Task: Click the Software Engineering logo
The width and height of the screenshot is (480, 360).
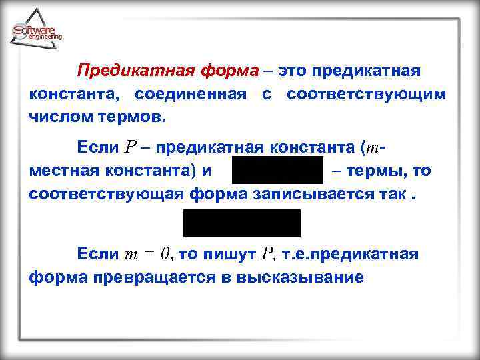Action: point(37,29)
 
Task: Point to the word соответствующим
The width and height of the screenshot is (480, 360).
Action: point(366,94)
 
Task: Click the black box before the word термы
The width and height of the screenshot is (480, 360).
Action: point(277,171)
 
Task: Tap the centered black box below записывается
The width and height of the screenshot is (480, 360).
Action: point(242,223)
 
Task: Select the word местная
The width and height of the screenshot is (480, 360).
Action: point(61,171)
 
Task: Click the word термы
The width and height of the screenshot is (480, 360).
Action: point(373,171)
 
